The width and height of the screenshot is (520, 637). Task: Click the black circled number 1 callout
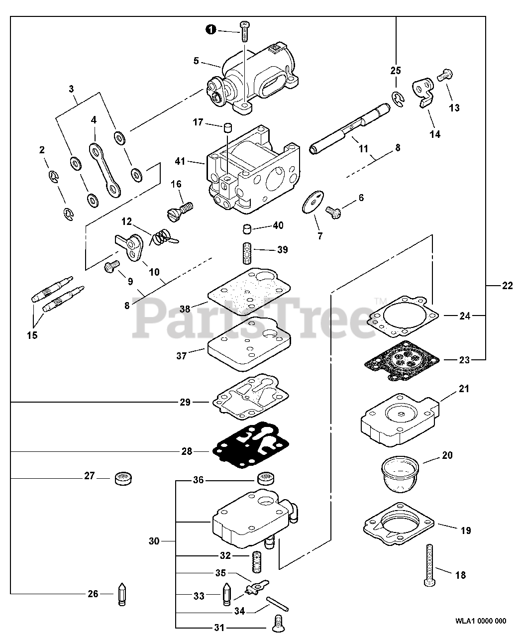pos(211,30)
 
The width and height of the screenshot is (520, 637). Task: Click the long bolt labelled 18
pos(429,565)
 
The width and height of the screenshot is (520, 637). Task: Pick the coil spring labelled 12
pos(161,237)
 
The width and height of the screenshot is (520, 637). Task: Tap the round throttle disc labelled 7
pos(312,204)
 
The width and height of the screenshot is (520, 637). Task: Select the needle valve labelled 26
pos(121,593)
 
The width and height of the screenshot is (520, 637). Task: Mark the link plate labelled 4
pos(106,170)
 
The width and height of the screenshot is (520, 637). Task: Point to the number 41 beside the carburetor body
pos(180,161)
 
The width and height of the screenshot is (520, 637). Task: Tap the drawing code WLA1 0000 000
pos(480,621)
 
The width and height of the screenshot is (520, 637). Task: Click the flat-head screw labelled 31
pos(278,620)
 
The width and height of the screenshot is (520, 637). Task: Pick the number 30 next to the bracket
pos(154,541)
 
